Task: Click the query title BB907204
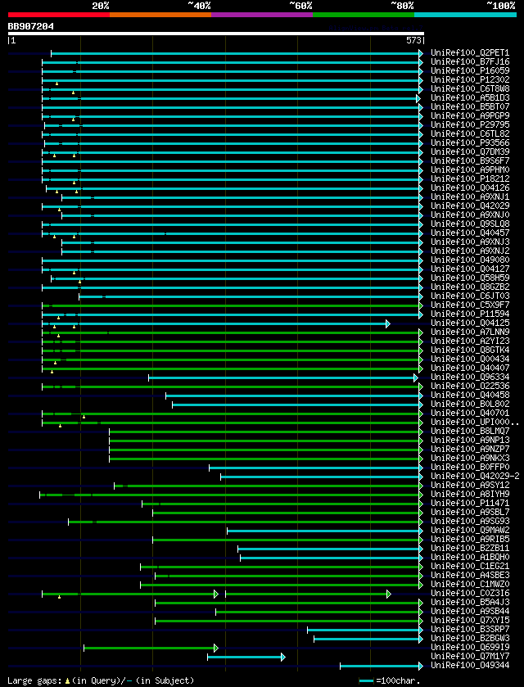point(31,26)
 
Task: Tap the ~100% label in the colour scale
point(500,5)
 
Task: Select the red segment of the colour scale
point(58,14)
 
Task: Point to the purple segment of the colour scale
point(261,14)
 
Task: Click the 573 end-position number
point(413,39)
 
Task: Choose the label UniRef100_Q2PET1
point(469,53)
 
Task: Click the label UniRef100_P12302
point(469,80)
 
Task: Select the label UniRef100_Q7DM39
point(469,152)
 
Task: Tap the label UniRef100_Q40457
point(469,233)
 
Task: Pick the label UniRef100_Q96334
point(469,377)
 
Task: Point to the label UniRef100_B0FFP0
point(469,468)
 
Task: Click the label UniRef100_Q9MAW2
point(469,531)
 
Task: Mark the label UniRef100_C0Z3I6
point(469,594)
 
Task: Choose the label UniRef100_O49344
point(469,666)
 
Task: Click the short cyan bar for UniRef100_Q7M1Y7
point(246,657)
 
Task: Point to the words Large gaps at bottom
point(33,680)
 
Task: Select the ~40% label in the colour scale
point(199,5)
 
